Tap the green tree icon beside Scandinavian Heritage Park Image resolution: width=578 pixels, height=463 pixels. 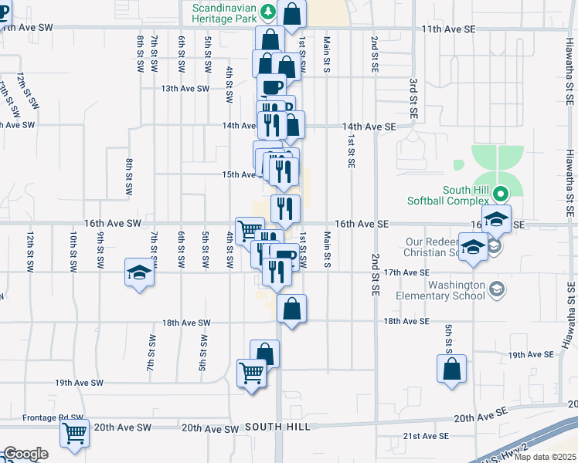pyautogui.click(x=268, y=11)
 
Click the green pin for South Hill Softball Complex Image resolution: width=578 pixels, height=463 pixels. pyautogui.click(x=501, y=194)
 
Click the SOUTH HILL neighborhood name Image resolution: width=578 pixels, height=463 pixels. pyautogui.click(x=277, y=427)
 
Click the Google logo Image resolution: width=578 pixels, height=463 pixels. pyautogui.click(x=25, y=453)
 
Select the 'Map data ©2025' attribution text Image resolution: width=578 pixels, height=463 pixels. pyautogui.click(x=545, y=457)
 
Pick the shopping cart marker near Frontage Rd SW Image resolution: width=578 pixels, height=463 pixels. pyautogui.click(x=75, y=433)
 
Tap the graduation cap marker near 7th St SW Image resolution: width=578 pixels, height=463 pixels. pyautogui.click(x=140, y=272)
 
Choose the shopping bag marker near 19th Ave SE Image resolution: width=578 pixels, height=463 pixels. pyautogui.click(x=452, y=368)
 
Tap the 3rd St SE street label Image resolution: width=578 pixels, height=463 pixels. pyautogui.click(x=413, y=97)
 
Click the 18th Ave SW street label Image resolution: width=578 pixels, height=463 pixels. pyautogui.click(x=185, y=323)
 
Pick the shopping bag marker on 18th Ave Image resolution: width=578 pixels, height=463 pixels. pyautogui.click(x=291, y=309)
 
